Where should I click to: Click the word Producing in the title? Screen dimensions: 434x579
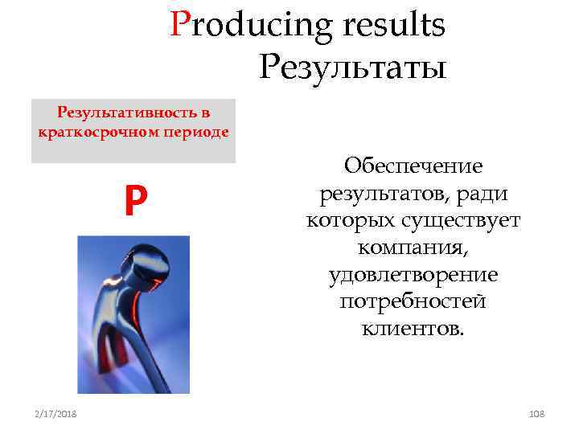pos(251,27)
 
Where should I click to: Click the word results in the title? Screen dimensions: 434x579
pos(393,26)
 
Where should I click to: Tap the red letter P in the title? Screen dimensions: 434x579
pos(179,26)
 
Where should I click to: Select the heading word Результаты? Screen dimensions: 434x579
pos(352,67)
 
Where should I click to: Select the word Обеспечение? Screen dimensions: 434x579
pos(413,166)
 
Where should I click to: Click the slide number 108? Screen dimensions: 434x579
pos(536,413)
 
